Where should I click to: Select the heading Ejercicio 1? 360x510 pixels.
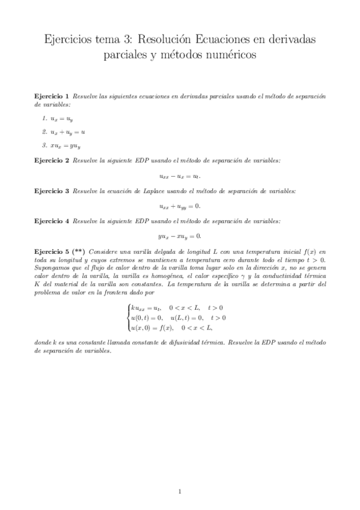[x=52, y=96]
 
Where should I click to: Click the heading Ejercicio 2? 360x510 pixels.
[x=52, y=160]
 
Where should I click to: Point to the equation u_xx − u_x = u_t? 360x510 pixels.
[x=180, y=176]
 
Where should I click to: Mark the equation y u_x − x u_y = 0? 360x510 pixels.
[x=180, y=236]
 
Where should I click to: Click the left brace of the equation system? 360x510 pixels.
[x=127, y=317]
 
